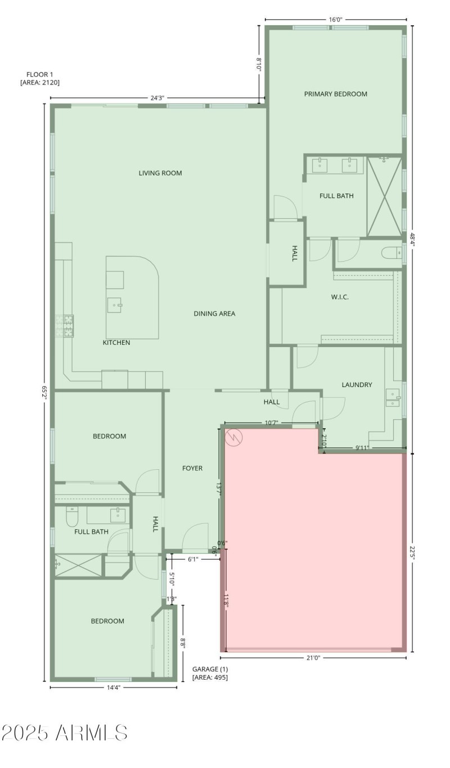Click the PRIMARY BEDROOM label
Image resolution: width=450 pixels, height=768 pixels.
coord(335,94)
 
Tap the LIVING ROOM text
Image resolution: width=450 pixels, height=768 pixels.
coord(160,173)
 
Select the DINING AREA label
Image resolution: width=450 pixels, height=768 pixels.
coord(214,313)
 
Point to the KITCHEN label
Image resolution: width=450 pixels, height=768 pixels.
coord(116,343)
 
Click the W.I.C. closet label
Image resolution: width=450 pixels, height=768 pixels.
coord(339,297)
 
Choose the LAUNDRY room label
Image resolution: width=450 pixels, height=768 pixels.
coord(357,385)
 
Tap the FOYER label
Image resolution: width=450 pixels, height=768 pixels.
coord(192,468)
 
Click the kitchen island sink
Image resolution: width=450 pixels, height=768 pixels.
coord(115,305)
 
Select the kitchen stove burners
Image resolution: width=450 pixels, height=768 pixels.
coord(65,326)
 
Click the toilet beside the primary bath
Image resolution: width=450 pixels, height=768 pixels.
coord(391,253)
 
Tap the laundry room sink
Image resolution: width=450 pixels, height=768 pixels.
coord(393,398)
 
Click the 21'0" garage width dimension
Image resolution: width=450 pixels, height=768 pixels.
coord(313,657)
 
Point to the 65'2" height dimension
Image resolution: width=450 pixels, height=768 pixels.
coord(44,392)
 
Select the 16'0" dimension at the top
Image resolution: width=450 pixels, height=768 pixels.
coord(335,20)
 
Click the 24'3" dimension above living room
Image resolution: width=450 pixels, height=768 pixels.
coord(157,98)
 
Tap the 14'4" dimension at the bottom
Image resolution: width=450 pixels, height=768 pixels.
coord(113,687)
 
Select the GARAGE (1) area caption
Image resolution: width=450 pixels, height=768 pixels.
coord(210,673)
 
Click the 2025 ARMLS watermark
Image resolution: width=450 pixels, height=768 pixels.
coord(64,733)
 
